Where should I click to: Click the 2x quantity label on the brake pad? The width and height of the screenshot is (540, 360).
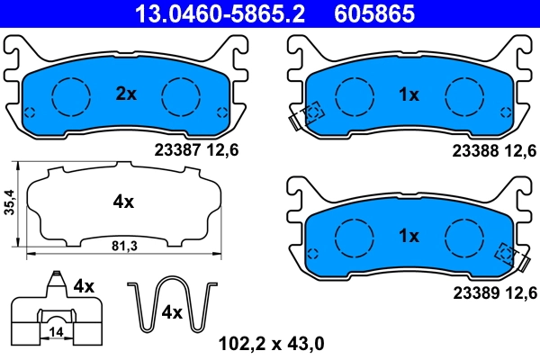[126, 93]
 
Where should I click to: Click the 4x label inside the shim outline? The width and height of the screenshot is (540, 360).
[123, 202]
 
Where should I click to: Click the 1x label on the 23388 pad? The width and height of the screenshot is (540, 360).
[409, 94]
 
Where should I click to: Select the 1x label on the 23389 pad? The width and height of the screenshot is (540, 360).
[409, 236]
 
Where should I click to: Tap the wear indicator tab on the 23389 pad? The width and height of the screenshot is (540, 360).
[521, 263]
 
